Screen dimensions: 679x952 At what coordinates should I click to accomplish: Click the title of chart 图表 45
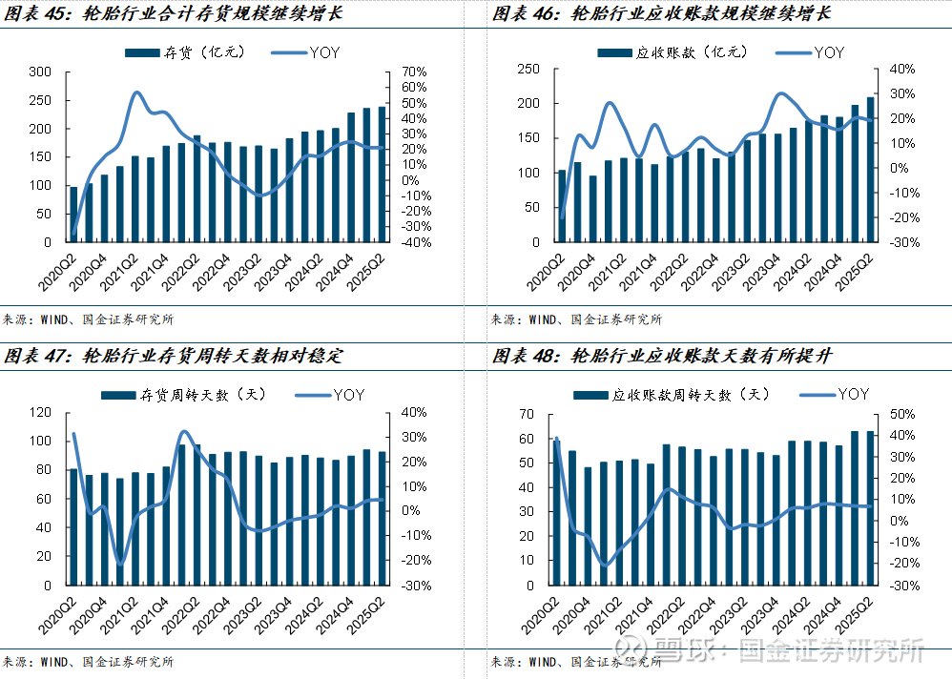tap(173, 15)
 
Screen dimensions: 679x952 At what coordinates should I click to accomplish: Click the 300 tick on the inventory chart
tap(40, 72)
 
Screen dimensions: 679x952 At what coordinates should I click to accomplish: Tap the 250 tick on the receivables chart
tap(527, 69)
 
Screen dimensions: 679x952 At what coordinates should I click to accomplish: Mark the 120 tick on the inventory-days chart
tap(40, 413)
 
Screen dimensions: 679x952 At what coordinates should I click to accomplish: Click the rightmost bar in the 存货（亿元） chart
tap(383, 174)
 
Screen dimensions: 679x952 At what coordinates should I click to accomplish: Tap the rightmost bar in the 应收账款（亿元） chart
tap(870, 170)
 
